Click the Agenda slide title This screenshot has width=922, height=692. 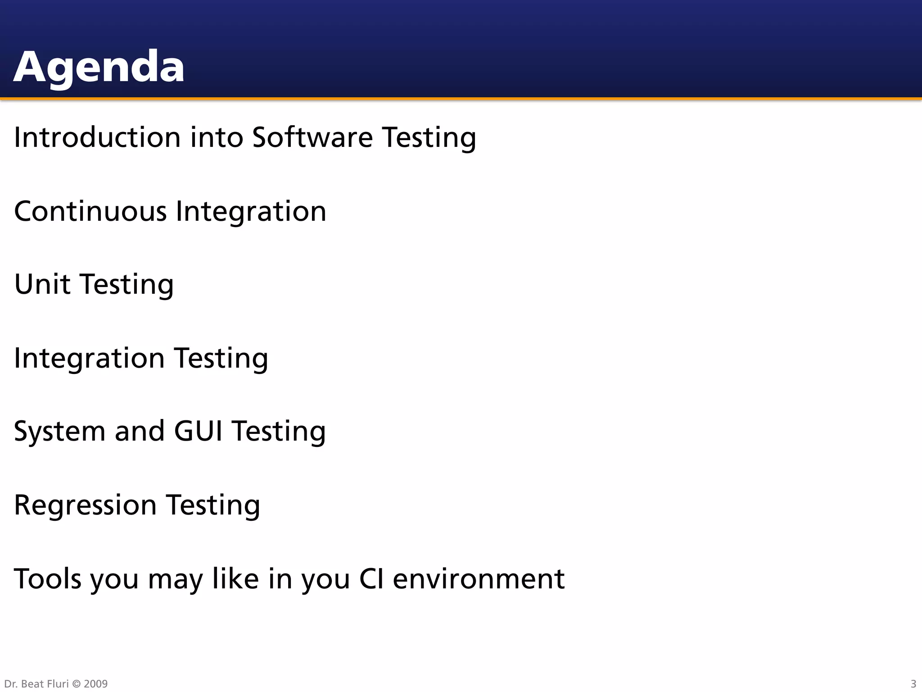point(99,67)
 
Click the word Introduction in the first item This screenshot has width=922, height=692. point(97,137)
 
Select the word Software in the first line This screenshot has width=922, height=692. point(312,137)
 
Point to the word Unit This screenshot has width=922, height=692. point(42,284)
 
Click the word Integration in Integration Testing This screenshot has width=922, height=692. point(89,358)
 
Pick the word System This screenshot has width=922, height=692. point(59,432)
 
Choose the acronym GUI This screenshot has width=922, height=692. point(198,431)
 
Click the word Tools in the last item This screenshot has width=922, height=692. point(48,578)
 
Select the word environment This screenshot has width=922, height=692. point(479,578)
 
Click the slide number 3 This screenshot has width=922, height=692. point(913,684)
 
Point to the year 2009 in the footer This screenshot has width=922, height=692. point(95,684)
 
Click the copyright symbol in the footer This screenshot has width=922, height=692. point(76,684)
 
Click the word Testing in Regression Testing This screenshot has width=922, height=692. point(213,505)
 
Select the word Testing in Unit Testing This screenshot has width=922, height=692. point(127,284)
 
